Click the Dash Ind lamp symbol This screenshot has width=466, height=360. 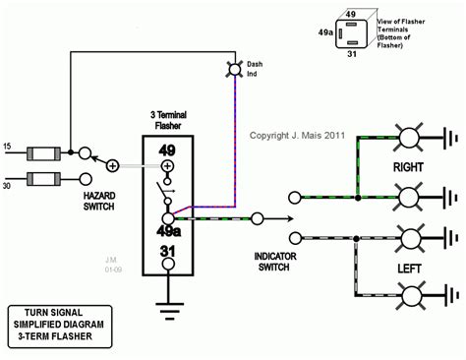(x=235, y=70)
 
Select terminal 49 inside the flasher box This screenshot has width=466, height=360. (x=168, y=150)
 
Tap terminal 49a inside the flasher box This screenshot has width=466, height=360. (x=168, y=232)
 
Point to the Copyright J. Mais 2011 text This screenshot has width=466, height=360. (x=296, y=136)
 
